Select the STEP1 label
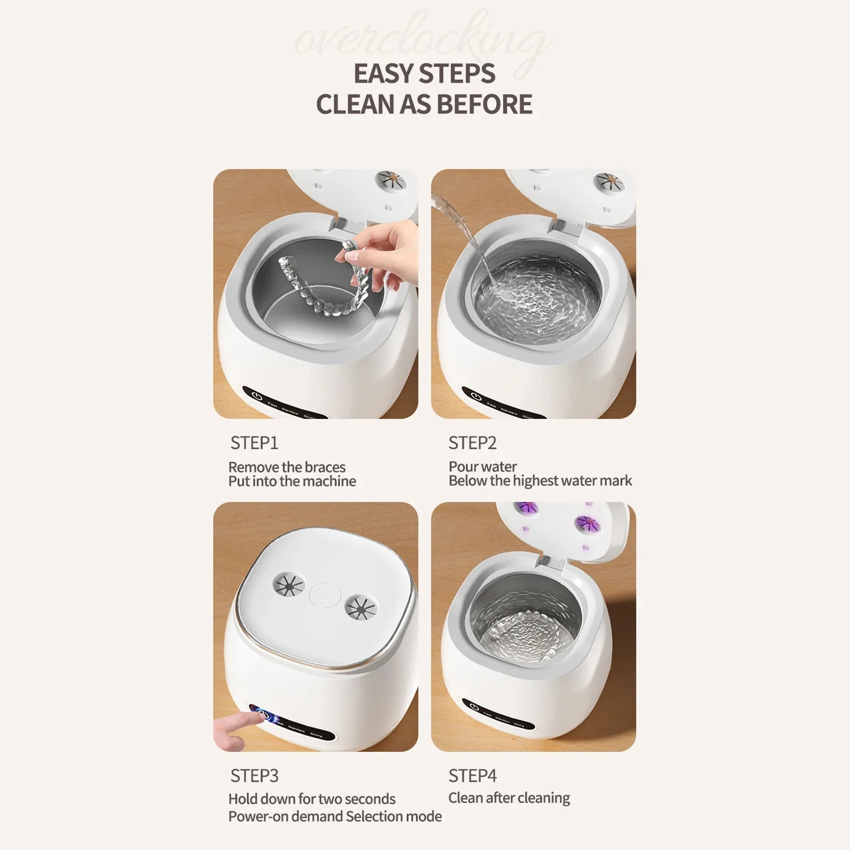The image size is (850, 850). pyautogui.click(x=254, y=443)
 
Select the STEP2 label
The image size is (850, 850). pyautogui.click(x=472, y=443)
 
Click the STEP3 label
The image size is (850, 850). pyautogui.click(x=254, y=776)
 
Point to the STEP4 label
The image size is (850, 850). pyautogui.click(x=472, y=776)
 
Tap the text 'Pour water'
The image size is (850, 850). pyautogui.click(x=482, y=467)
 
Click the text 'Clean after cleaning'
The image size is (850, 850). pyautogui.click(x=509, y=798)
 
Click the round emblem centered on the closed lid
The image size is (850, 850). pyautogui.click(x=324, y=595)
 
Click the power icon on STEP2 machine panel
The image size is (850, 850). pyautogui.click(x=476, y=397)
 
